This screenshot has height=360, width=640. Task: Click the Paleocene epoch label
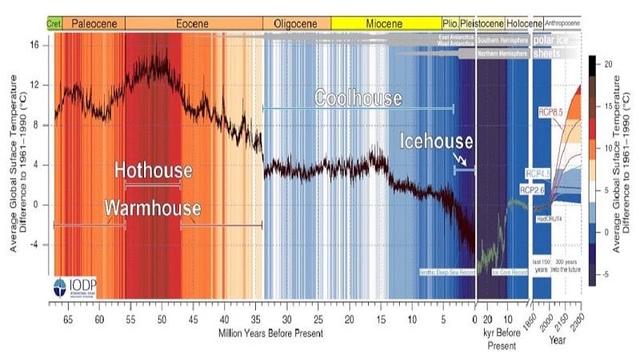(x=94, y=23)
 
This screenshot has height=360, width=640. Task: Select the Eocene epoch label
(x=193, y=23)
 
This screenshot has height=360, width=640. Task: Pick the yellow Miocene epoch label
(x=386, y=23)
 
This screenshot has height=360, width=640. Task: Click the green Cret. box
(x=54, y=23)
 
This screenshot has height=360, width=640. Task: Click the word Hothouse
(x=153, y=170)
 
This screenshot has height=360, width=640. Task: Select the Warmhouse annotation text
(x=152, y=208)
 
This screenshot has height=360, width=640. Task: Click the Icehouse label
(x=437, y=142)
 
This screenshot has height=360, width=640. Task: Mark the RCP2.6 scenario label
(x=533, y=190)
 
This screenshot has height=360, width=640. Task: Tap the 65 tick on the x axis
(x=68, y=318)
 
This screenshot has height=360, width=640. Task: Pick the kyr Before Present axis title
(x=501, y=337)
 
